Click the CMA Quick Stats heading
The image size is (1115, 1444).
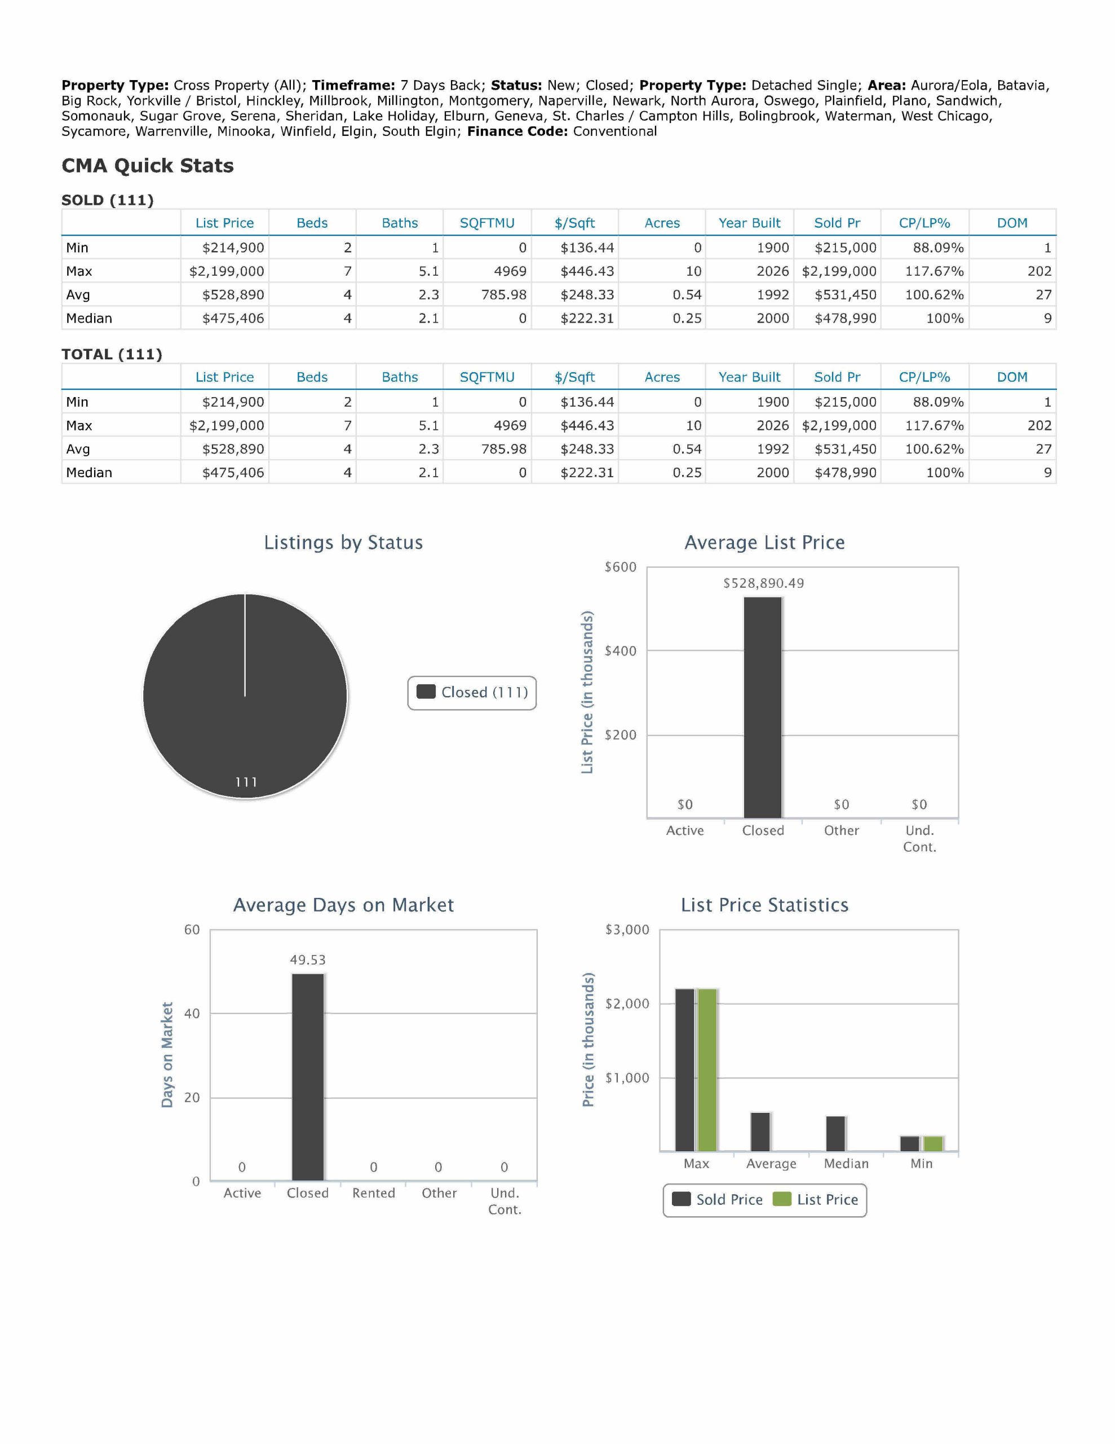(x=147, y=165)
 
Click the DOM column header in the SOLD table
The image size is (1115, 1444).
(x=1012, y=223)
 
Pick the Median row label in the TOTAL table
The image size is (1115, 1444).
(x=89, y=473)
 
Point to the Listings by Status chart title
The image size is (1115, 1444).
(x=343, y=542)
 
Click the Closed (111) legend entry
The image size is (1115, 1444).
(x=472, y=692)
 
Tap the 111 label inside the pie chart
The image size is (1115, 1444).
(x=246, y=782)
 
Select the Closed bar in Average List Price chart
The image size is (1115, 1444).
(x=763, y=707)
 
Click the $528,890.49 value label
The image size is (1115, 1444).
(x=763, y=583)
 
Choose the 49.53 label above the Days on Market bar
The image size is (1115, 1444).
(x=308, y=959)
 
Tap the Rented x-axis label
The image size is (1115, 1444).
(x=373, y=1193)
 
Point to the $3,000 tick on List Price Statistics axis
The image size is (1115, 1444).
(x=627, y=930)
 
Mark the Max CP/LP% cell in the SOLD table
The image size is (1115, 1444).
(x=934, y=271)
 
